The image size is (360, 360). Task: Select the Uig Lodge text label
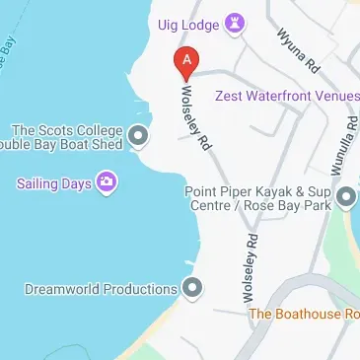click(188, 23)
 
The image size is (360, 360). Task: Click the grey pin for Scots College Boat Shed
click(139, 135)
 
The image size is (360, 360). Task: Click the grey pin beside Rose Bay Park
click(345, 198)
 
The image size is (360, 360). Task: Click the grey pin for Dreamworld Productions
click(193, 288)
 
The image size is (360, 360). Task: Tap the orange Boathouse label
click(305, 314)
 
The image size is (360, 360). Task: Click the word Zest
click(240, 95)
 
